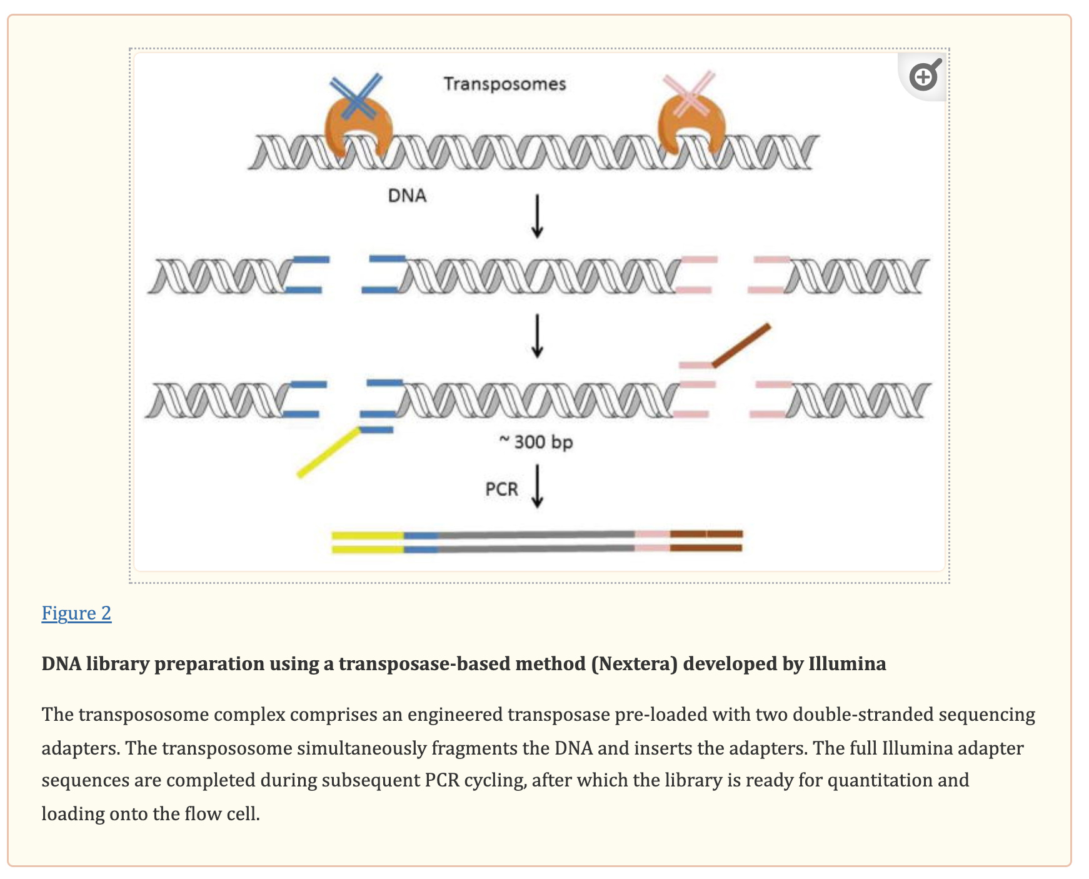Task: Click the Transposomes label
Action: coord(504,84)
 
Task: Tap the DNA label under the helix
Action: coord(407,196)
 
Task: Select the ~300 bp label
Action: coord(536,442)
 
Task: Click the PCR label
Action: coord(501,489)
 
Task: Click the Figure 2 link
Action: coord(76,613)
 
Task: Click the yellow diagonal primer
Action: coord(328,453)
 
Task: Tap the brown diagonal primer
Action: coord(741,344)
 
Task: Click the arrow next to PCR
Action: coord(537,486)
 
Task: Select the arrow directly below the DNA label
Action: coord(537,216)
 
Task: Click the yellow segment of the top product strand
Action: coord(368,535)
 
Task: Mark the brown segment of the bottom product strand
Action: coord(706,548)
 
